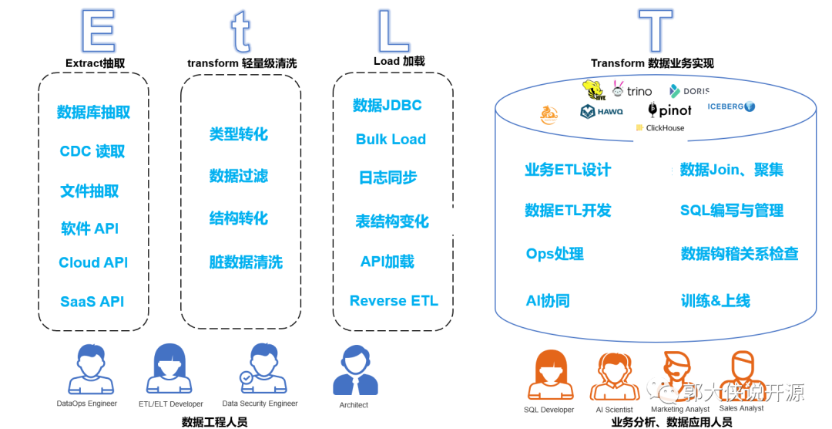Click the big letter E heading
point(98,32)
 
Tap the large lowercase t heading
point(241,32)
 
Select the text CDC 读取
point(92,151)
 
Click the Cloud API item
point(93,262)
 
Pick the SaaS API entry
point(92,302)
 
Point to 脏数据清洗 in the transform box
point(246,262)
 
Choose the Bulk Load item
point(391,140)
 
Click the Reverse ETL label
point(394,301)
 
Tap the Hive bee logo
point(593,90)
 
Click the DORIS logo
point(689,91)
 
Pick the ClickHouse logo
point(660,128)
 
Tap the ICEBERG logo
point(731,106)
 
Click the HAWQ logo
point(602,112)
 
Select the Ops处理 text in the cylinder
point(555,254)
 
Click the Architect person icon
point(354,371)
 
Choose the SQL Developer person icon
point(549,375)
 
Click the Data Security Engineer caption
point(260,404)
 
